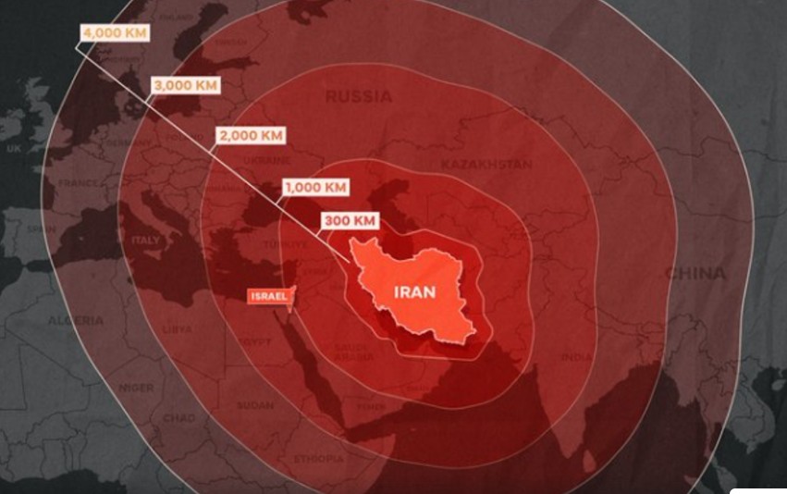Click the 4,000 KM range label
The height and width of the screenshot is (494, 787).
pos(114,32)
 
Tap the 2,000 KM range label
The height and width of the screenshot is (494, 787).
pos(250,135)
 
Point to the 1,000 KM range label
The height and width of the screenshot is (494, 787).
pos(315,187)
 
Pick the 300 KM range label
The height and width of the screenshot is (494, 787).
pos(350,221)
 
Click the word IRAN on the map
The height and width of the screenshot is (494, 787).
pos(414,292)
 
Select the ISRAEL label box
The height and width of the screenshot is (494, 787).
pos(268,296)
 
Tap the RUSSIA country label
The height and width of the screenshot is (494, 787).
pos(358,96)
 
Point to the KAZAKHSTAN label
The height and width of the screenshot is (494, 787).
pos(486,165)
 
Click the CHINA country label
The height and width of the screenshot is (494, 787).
pos(695,274)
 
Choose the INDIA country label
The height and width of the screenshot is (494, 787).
pos(575,357)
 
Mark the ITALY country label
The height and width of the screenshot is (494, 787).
pos(145,241)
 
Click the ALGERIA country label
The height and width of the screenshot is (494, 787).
pos(76,320)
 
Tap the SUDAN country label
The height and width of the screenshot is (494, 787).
pos(254,405)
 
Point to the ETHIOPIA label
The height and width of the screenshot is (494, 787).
pos(318,459)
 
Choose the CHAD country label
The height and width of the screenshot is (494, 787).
pos(178,418)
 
